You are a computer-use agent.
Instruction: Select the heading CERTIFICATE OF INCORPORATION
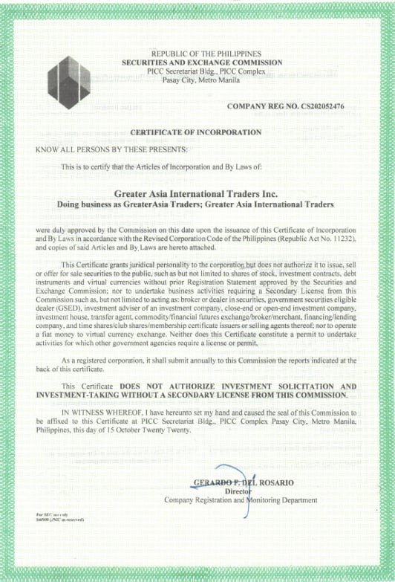pyautogui.click(x=196, y=132)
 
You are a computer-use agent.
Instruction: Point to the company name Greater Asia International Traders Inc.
pyautogui.click(x=197, y=193)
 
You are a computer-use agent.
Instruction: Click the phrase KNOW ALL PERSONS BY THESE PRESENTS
pyautogui.click(x=107, y=149)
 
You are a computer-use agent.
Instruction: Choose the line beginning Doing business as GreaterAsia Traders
pyautogui.click(x=196, y=203)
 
